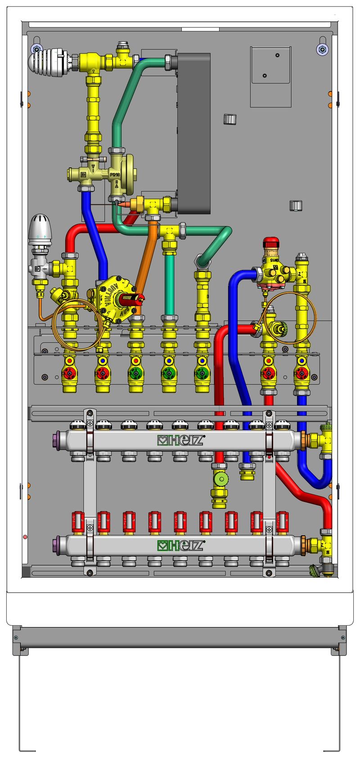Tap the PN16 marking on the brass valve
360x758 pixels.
click(x=115, y=173)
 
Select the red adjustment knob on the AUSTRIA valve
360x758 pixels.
click(x=131, y=298)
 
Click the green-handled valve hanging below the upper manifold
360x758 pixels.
click(x=220, y=478)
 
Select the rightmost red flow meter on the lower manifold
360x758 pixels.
click(x=282, y=522)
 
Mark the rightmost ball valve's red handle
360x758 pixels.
click(x=301, y=373)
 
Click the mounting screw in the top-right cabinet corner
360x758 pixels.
click(x=321, y=49)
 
